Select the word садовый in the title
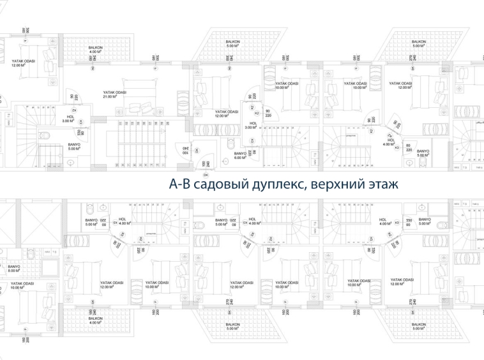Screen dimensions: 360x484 pyautogui.click(x=216, y=185)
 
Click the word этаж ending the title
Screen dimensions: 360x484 pyautogui.click(x=381, y=185)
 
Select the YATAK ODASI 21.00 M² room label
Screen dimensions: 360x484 pyautogui.click(x=114, y=94)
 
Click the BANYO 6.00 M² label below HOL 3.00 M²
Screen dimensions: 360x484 pyautogui.click(x=240, y=155)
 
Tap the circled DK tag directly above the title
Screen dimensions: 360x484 pyautogui.click(x=206, y=174)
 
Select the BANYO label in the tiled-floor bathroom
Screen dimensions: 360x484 pyautogui.click(x=14, y=269)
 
